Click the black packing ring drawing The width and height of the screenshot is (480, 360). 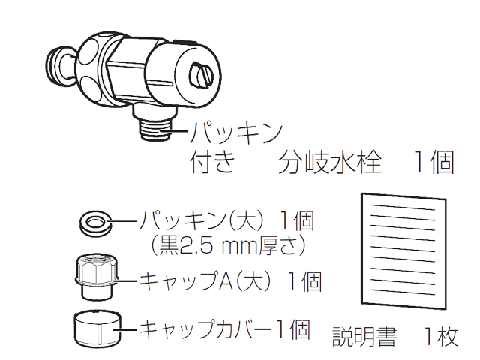[94, 221]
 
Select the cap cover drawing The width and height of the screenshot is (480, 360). [94, 327]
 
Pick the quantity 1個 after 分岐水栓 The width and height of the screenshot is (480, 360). [432, 161]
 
